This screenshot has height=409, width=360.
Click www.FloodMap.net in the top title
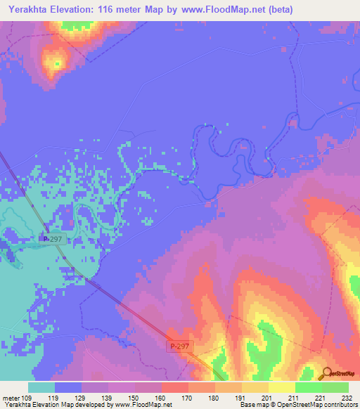[213, 9]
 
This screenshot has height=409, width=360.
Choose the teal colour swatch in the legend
[41, 387]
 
